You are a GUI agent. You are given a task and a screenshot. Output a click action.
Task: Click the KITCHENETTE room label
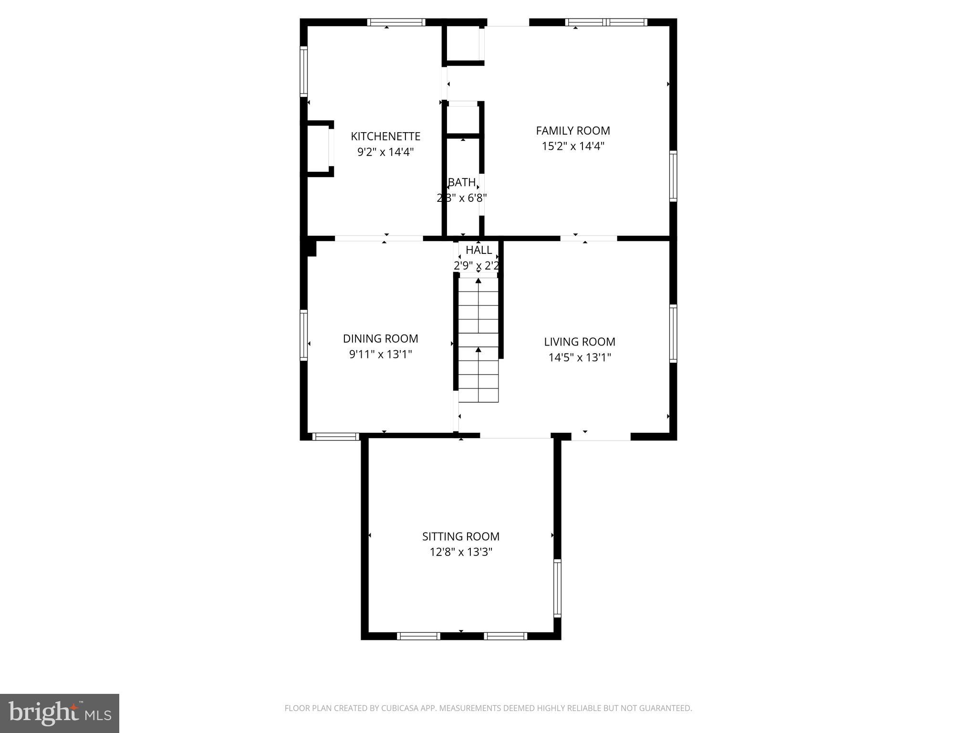[385, 136]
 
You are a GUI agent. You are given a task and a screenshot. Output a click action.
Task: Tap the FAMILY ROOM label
[573, 131]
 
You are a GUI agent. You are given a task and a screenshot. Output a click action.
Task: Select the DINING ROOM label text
[380, 339]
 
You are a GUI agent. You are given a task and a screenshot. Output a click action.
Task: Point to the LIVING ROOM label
[580, 342]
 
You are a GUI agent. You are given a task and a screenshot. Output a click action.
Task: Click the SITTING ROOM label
[461, 536]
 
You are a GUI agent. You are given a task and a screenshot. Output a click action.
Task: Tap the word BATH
[462, 182]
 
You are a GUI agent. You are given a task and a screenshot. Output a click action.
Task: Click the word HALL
[478, 250]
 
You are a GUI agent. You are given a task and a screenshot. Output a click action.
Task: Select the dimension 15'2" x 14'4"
[573, 146]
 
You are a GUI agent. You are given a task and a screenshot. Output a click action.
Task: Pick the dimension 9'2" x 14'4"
[385, 152]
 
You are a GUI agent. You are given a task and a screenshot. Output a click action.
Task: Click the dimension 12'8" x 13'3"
[461, 552]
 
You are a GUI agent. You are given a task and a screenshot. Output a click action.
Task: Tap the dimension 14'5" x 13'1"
[580, 357]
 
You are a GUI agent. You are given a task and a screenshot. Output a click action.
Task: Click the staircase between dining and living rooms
[478, 340]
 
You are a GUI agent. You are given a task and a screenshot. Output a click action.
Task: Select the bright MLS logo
[60, 713]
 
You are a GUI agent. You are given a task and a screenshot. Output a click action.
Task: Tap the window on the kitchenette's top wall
[396, 22]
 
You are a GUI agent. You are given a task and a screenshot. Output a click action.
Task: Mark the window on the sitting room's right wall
[557, 588]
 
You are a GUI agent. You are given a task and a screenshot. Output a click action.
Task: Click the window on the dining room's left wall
[303, 335]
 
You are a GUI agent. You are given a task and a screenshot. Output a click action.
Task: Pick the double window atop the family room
[606, 22]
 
